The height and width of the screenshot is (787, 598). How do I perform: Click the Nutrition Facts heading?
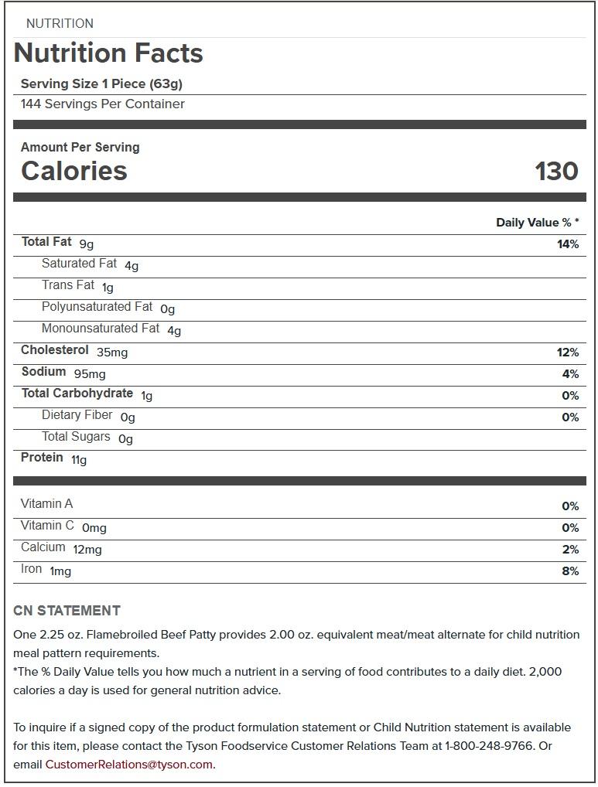coord(108,53)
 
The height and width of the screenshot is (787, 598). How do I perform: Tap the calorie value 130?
coord(556,171)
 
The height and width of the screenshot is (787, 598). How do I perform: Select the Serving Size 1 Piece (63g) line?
coord(101,83)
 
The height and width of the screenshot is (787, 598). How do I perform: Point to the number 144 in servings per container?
coord(31,104)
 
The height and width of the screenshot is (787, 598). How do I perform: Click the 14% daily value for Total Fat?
coord(567,244)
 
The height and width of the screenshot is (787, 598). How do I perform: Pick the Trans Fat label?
coord(68,285)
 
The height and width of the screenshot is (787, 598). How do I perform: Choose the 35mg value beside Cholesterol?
coord(112,353)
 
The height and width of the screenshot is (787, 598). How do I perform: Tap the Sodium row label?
coord(43,372)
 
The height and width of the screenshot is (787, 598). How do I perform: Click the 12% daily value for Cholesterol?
coord(567,353)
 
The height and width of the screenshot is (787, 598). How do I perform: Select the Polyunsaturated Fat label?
coord(97,307)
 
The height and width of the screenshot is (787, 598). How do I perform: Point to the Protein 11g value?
coord(79,460)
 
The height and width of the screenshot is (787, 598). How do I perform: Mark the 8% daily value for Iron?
coord(570,571)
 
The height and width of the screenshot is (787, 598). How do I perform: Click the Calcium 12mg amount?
coord(87,550)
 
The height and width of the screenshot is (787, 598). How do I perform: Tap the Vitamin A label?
coord(46,504)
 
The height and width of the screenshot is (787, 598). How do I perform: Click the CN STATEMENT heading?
coord(67,611)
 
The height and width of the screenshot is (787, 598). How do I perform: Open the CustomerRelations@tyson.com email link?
coord(128,765)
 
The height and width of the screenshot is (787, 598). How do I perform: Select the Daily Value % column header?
coord(537,223)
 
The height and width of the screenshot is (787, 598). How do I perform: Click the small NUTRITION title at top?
coord(60,23)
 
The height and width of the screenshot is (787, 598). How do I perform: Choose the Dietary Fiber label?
coord(77,415)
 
